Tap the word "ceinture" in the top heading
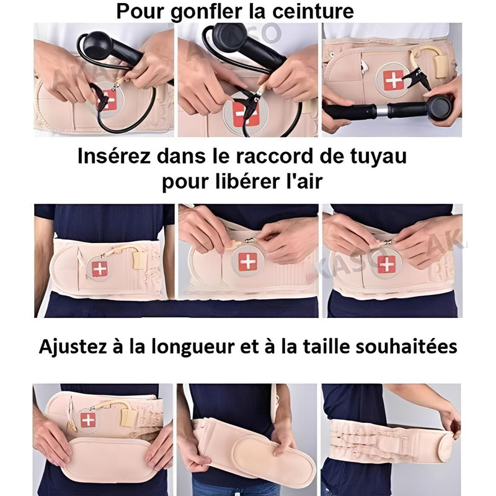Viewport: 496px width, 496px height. [313, 11]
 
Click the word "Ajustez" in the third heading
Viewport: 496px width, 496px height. [73, 347]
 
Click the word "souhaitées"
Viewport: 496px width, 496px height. [407, 347]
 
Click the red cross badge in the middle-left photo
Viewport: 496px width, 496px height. [100, 269]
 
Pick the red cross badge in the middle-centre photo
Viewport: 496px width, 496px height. [248, 262]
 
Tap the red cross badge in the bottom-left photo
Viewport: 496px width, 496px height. [88, 420]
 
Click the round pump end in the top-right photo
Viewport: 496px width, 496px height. [441, 107]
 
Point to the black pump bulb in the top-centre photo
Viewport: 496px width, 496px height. [230, 35]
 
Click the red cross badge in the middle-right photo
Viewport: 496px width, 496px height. [386, 264]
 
